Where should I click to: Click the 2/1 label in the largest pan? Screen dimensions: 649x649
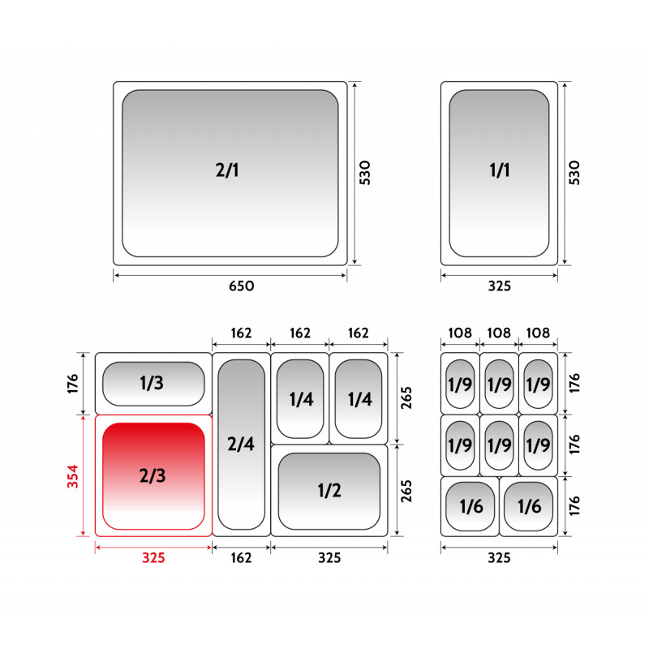(227, 170)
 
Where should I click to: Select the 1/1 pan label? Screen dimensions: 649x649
(500, 170)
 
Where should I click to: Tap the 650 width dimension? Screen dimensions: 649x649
(242, 286)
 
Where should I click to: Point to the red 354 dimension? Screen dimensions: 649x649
(73, 476)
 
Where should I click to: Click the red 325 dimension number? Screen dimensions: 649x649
(153, 558)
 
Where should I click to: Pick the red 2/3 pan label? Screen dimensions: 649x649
(153, 476)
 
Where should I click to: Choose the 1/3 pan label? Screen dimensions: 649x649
(152, 383)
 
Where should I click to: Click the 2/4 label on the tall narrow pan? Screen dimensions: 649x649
(241, 444)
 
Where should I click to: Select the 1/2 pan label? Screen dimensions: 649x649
(329, 491)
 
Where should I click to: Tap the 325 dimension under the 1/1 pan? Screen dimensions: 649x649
(500, 286)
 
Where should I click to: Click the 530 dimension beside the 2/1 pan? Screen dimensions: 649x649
(364, 173)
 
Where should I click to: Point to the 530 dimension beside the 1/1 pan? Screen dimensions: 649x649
(574, 173)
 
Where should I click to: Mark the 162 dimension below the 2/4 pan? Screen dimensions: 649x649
(241, 558)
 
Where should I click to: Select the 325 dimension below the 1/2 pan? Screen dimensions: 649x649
(329, 558)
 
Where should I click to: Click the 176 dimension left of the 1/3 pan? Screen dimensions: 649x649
(73, 384)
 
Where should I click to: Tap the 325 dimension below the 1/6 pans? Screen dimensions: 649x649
(499, 558)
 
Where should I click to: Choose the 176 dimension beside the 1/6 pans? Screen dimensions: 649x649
(574, 505)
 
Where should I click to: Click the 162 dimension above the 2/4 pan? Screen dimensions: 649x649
(241, 333)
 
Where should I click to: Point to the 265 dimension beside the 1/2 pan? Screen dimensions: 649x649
(406, 491)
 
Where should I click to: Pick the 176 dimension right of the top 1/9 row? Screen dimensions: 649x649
(574, 383)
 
